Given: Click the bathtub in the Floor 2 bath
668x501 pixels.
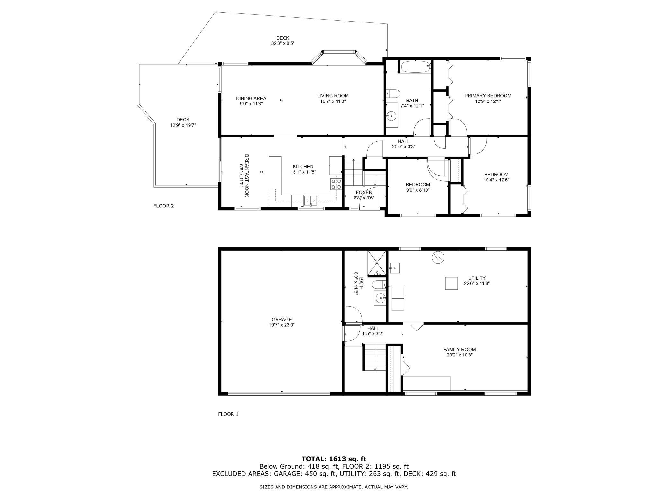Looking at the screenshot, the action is pos(415,67).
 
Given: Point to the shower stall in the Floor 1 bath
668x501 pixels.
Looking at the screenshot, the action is pos(376,263).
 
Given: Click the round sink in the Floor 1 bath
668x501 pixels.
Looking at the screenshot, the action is pos(381,298).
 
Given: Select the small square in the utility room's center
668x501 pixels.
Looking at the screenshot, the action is pos(451,283).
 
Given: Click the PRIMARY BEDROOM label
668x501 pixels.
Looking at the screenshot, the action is pos(488,96).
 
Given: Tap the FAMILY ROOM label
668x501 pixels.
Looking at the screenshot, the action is pos(460,349).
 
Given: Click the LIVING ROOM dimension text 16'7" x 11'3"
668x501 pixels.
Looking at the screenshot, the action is pos(333,101).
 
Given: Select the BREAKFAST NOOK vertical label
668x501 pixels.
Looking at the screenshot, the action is pos(247,176).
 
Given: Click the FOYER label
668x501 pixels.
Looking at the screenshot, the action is pos(364,192).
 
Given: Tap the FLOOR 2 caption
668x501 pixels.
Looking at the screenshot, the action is pos(163,206).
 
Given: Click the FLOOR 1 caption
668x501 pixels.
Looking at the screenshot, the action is pos(228,414).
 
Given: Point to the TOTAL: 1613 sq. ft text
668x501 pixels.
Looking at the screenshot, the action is pos(334,459).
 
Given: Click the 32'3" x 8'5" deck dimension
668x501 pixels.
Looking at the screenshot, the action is pos(283,43).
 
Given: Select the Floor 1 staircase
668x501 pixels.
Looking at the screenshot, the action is pos(374,357).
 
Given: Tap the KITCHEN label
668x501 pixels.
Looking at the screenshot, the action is pos(303,166).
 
